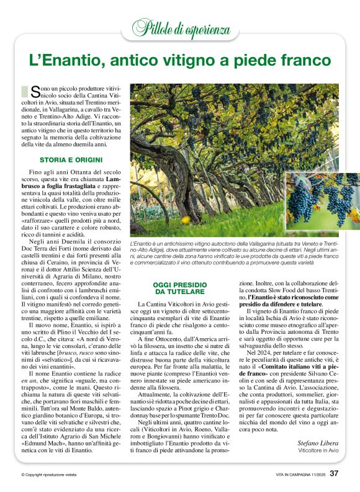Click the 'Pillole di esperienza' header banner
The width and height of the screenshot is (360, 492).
point(180,27)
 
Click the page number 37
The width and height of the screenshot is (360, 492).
point(334,474)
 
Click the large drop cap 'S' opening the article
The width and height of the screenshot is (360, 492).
point(35,91)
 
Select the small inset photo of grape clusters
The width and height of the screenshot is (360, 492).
point(322,202)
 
